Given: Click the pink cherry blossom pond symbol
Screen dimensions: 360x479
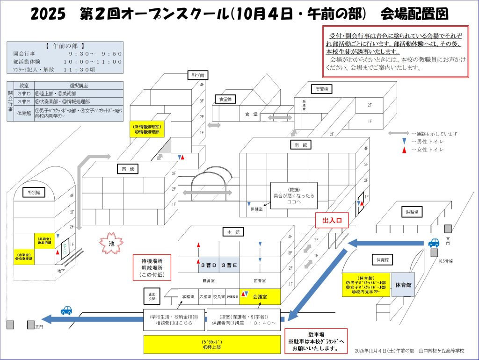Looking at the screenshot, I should click(x=111, y=243).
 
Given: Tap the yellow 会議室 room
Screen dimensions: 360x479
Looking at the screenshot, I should click(x=260, y=296).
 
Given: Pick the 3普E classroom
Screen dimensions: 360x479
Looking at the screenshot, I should click(x=229, y=265).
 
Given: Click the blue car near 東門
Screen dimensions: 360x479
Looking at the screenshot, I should click(x=434, y=243).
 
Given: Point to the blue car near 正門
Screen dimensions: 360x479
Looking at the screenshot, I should click(x=67, y=310).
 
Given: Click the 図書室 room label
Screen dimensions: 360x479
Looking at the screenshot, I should click(x=260, y=281).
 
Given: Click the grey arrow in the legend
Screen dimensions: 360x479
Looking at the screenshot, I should click(x=398, y=133).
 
